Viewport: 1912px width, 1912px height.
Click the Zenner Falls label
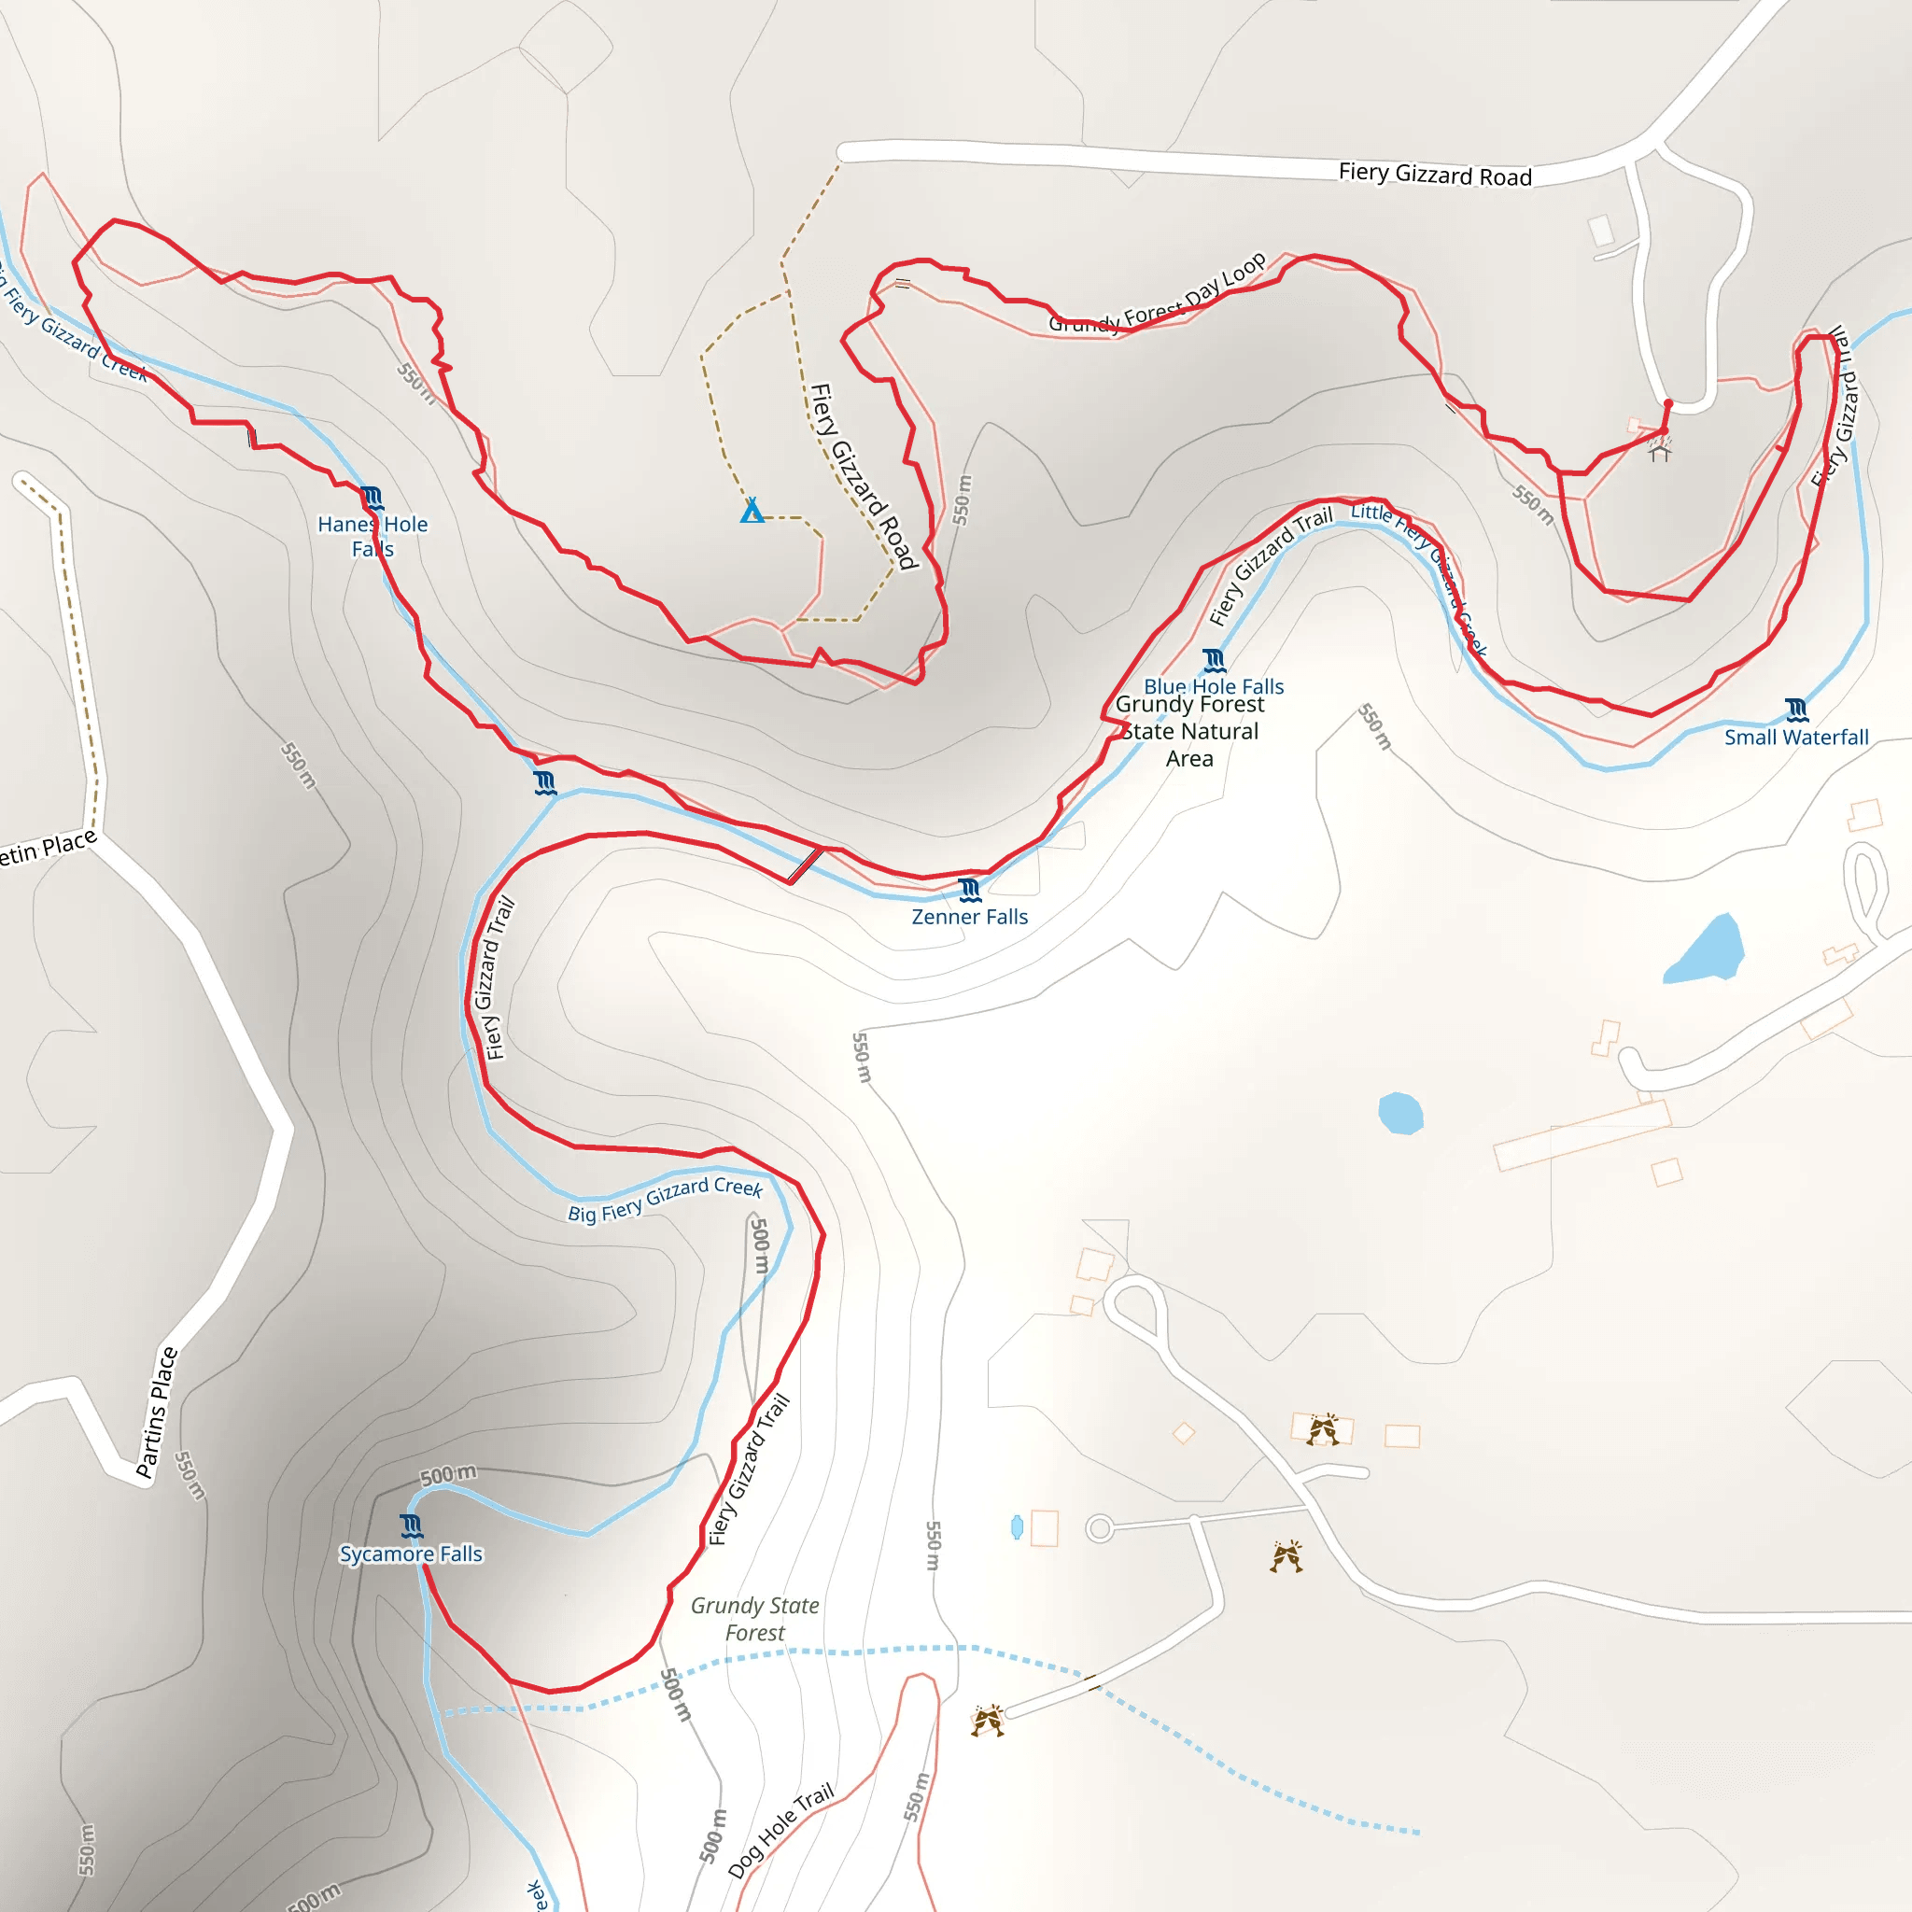click(x=969, y=917)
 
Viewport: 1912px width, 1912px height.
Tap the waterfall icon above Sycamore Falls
click(x=412, y=1525)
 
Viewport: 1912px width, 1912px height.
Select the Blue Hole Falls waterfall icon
click(x=1215, y=660)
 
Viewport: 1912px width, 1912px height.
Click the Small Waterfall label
click(x=1795, y=738)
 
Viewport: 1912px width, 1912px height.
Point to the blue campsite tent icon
click(x=752, y=511)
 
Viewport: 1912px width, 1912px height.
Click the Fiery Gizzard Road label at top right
click(x=1434, y=176)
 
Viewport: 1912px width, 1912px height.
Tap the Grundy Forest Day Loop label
click(x=1157, y=294)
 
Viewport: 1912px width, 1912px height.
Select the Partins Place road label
click(x=156, y=1413)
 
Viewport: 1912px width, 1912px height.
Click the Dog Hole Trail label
click(x=780, y=1830)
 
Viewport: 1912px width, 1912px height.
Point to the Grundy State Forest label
click(x=754, y=1619)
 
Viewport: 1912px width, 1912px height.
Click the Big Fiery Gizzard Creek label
click(x=664, y=1199)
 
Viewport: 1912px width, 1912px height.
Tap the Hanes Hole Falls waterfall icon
click(x=372, y=497)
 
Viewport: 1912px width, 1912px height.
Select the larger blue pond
click(x=1704, y=950)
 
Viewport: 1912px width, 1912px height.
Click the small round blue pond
click(x=1400, y=1114)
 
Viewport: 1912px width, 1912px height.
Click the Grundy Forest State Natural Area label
click(x=1189, y=731)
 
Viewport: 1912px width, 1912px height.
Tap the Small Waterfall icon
click(x=1796, y=710)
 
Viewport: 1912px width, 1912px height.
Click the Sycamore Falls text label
click(x=411, y=1553)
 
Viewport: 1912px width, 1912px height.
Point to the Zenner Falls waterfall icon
click(x=970, y=890)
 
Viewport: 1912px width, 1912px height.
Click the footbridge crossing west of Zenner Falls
click(x=804, y=865)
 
